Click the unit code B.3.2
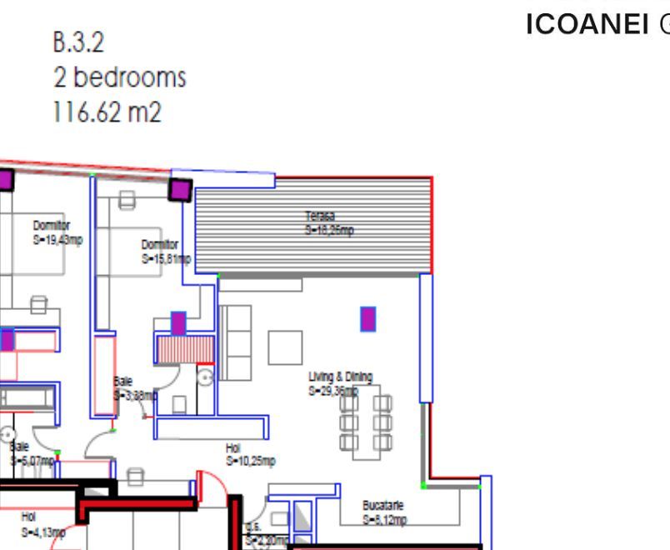79,42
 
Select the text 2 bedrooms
119,77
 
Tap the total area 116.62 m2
107,112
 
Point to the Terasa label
328,223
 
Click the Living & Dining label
340,382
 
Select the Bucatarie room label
384,512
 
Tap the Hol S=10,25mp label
250,454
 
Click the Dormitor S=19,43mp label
57,232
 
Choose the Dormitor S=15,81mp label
165,251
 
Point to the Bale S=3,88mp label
133,388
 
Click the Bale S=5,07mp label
32,453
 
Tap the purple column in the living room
367,319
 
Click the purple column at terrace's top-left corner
180,188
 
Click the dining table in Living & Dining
366,421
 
